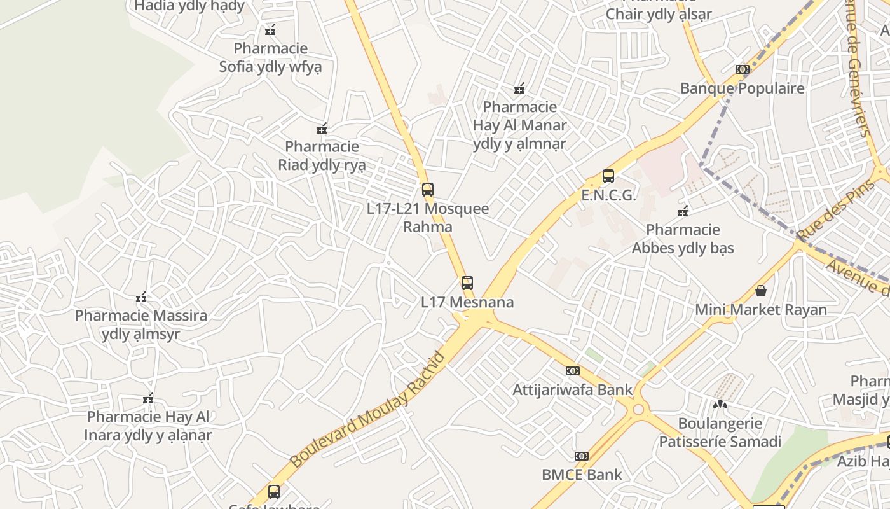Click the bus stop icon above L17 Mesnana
[x=467, y=283]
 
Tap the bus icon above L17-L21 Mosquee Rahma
[x=428, y=190]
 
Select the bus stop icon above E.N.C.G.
[x=608, y=176]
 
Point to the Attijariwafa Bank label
[x=573, y=389]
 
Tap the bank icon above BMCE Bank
[x=582, y=456]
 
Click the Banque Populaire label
[x=742, y=88]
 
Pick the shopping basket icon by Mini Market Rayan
[x=761, y=291]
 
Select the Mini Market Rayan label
[x=760, y=310]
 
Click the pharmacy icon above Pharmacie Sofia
[x=270, y=30]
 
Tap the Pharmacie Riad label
[x=322, y=156]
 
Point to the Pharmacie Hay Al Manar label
[x=519, y=125]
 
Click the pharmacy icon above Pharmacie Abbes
[x=683, y=211]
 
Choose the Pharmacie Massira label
[x=141, y=324]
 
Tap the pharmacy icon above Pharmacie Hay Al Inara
[x=148, y=399]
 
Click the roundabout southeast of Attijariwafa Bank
[x=638, y=408]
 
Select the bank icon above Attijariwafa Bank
[x=573, y=371]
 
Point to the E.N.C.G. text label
[x=608, y=195]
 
